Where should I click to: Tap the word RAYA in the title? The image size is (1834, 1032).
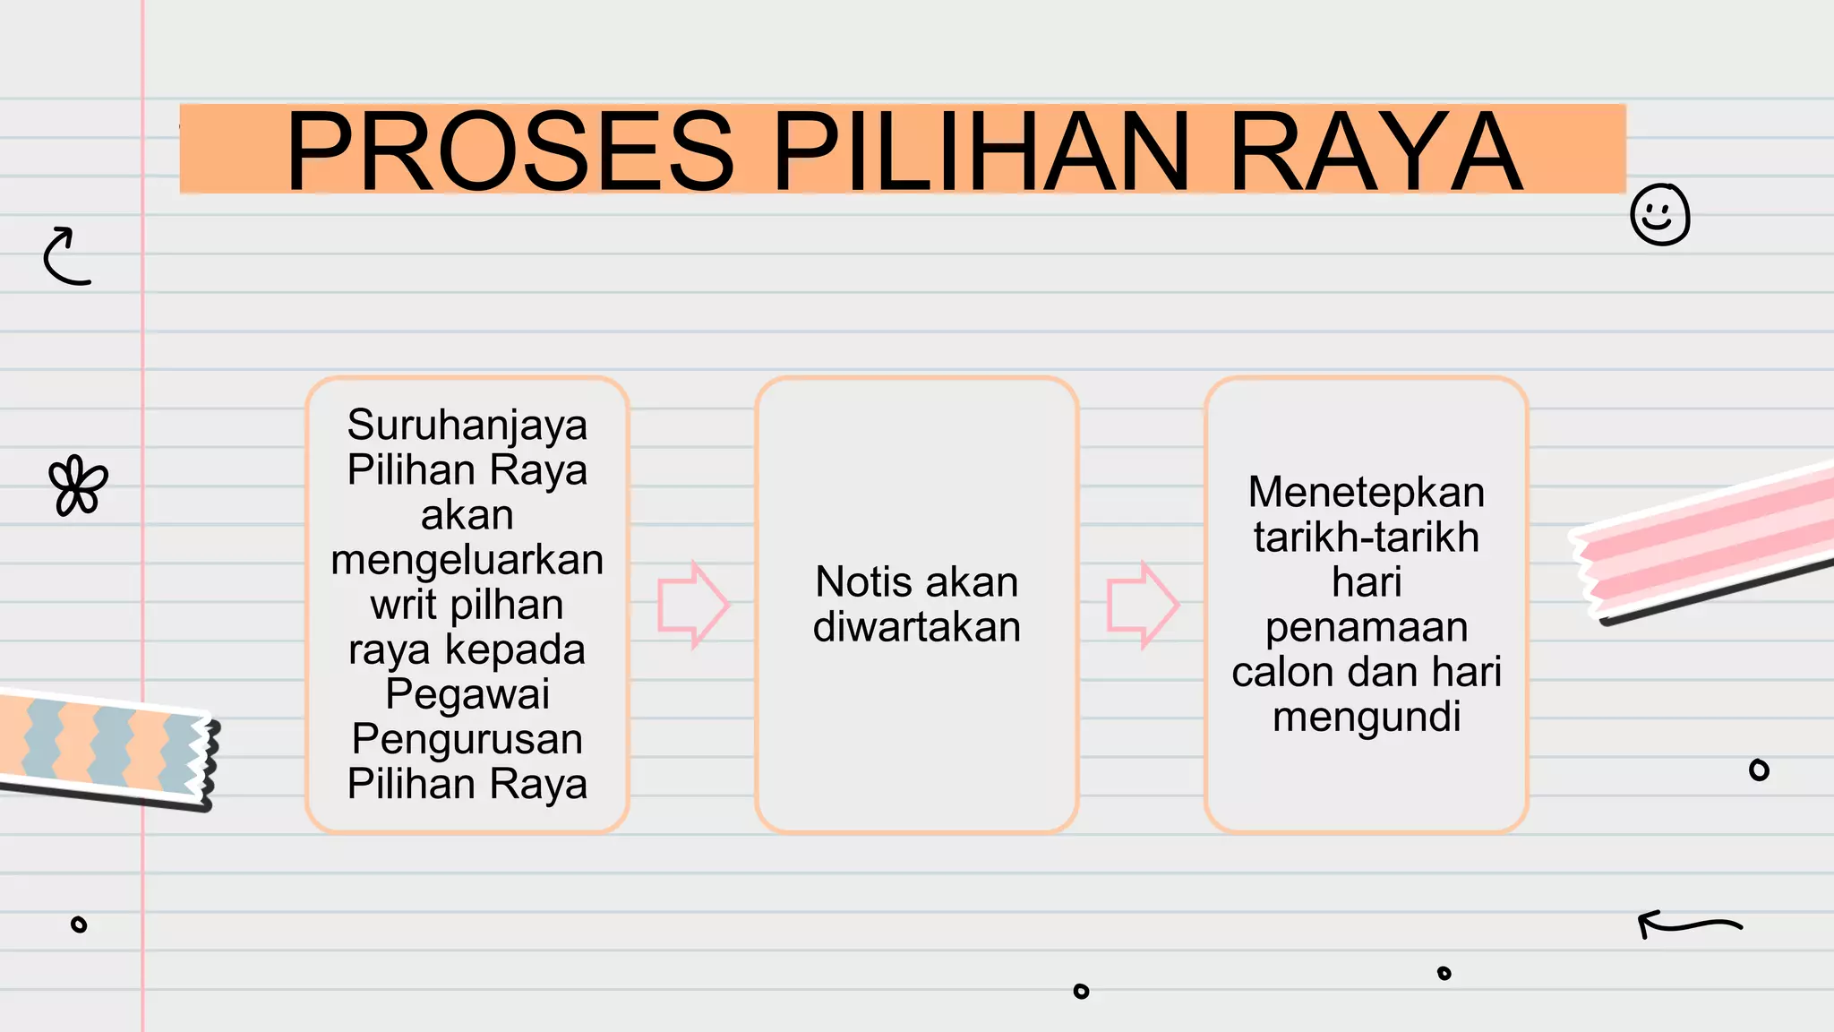1375,150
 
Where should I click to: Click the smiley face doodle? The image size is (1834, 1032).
1659,215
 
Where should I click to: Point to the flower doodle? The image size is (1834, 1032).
78,486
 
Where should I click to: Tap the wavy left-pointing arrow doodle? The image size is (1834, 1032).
1689,924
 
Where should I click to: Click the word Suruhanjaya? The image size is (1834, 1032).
467,425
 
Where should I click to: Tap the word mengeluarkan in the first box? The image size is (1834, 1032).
467,560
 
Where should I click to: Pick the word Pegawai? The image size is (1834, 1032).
467,694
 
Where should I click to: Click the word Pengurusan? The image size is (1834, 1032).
467,739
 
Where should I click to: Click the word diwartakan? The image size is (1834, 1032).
916,627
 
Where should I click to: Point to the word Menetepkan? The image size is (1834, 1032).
1366,493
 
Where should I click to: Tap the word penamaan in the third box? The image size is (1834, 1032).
1366,627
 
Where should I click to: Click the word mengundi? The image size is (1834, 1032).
1366,717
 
